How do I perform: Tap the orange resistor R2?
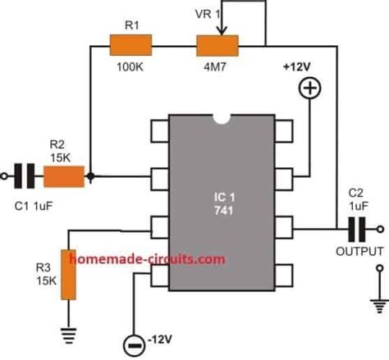pyautogui.click(x=64, y=175)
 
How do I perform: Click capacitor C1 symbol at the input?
pyautogui.click(x=26, y=175)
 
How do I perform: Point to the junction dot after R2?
pyautogui.click(x=89, y=175)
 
